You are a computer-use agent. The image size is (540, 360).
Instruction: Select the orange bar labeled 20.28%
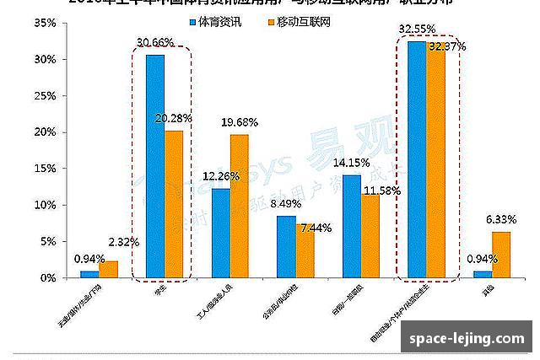click(x=174, y=204)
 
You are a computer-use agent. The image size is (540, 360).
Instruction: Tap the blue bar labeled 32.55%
click(x=417, y=159)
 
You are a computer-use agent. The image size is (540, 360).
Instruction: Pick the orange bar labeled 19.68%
click(x=240, y=206)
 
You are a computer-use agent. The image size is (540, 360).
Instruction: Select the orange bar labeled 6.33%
click(x=501, y=255)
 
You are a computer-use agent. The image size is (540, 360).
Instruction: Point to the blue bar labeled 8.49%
click(x=286, y=246)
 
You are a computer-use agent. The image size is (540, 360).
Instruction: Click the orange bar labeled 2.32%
click(x=108, y=269)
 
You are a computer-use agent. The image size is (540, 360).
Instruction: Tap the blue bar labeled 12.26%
click(x=220, y=233)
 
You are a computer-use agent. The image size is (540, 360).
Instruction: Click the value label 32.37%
click(x=448, y=47)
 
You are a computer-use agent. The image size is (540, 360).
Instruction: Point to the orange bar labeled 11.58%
click(x=370, y=236)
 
